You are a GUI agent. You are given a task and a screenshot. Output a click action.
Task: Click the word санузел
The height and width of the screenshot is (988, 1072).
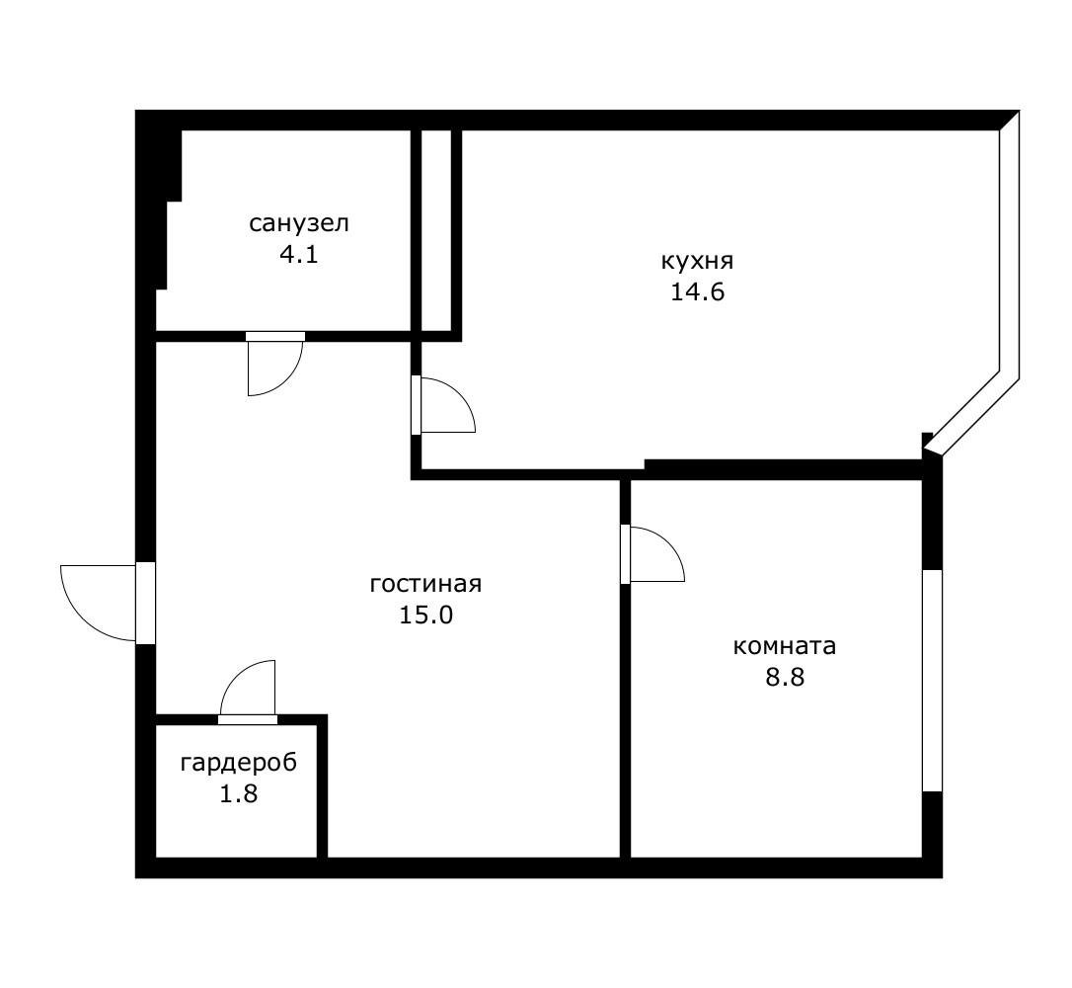pos(298,223)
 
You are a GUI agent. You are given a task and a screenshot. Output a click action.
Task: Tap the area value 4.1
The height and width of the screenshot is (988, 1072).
pos(298,254)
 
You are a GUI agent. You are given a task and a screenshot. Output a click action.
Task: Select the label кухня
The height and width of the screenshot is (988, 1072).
pos(697,262)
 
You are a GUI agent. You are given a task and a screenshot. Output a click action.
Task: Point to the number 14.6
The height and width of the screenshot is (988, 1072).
pos(698,292)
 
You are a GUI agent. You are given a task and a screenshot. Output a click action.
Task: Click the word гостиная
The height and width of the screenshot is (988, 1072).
pos(425,584)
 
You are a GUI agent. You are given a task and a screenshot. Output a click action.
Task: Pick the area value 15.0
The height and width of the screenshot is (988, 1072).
pos(425,615)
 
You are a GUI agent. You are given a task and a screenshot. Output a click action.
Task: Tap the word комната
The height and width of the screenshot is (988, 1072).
pos(785,646)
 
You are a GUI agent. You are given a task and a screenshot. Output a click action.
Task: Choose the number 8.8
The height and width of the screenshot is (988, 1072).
pos(786,678)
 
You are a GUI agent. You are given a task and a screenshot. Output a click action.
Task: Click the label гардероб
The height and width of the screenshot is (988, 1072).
pos(239,763)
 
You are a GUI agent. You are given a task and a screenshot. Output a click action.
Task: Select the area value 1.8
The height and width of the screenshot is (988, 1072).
pos(239,793)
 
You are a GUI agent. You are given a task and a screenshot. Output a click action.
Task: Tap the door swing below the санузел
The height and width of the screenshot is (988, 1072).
pos(271,366)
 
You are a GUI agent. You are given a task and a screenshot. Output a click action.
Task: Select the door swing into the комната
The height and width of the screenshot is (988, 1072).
pos(654,555)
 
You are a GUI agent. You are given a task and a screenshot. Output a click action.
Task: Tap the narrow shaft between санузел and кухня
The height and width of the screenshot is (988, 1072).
pos(436,229)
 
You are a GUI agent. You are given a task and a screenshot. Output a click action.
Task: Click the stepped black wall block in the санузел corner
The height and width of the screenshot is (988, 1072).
pos(160,198)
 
